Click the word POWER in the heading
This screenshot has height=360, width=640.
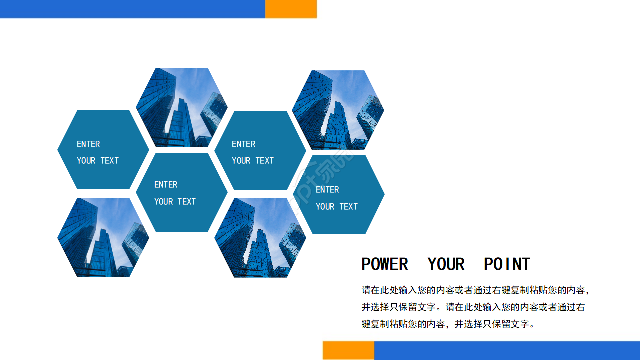coord(384,264)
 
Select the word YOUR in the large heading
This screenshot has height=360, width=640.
coord(446,264)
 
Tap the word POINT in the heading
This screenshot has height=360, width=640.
coord(507,264)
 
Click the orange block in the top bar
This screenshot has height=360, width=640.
coord(291,9)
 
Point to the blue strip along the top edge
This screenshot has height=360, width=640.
coord(132,9)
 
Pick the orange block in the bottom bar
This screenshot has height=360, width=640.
coord(348,350)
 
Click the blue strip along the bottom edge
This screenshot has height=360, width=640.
coord(507,350)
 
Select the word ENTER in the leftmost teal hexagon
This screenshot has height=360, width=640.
coord(88,144)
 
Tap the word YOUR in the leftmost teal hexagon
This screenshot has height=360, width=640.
coord(86,161)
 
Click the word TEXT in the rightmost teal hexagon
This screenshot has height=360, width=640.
coord(348,207)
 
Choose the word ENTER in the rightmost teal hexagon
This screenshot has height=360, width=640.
coord(327,190)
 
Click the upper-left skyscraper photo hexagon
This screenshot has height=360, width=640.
coord(182,107)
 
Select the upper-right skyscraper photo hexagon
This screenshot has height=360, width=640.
coord(338,110)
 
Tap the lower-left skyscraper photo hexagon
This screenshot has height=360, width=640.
coord(103,237)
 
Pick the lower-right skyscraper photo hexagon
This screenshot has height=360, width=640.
coord(260,238)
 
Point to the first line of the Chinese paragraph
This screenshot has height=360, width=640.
coord(476,290)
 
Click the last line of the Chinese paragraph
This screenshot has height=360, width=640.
coord(448,324)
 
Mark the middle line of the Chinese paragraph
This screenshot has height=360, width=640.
coord(473,307)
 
